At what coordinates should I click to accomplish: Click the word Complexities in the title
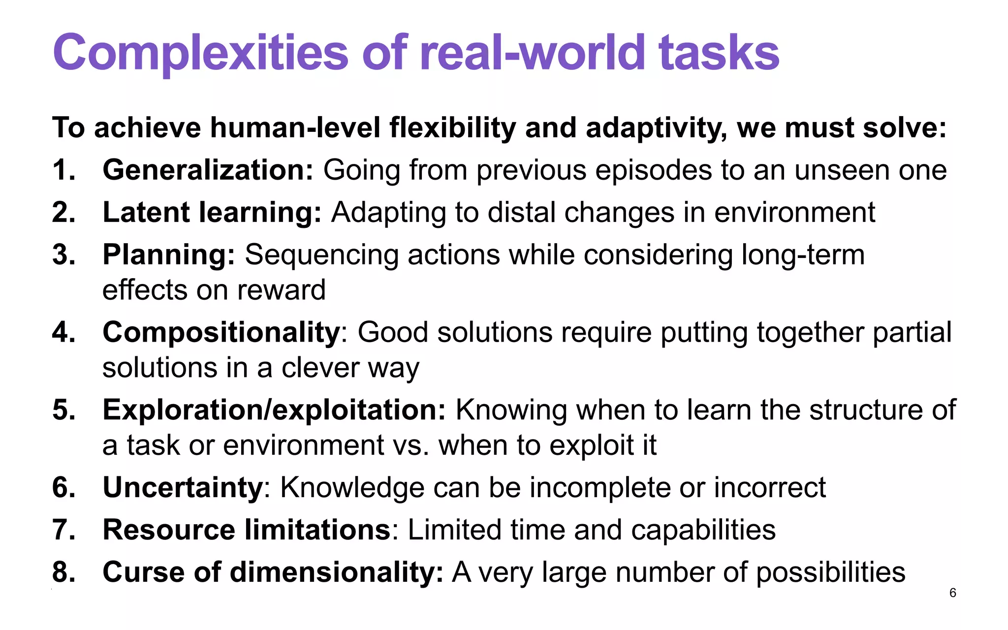coord(200,53)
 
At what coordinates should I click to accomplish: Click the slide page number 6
coord(953,593)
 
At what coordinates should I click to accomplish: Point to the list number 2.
coord(63,213)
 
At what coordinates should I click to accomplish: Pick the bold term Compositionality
coord(221,332)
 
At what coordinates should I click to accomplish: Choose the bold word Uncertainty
coord(183,487)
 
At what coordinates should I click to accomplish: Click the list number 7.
coord(63,530)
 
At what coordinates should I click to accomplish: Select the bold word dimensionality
coord(337,572)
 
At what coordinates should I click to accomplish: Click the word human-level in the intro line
coord(295,128)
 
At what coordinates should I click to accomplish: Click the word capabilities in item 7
coord(703,530)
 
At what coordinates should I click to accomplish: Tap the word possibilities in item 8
coord(830,572)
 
